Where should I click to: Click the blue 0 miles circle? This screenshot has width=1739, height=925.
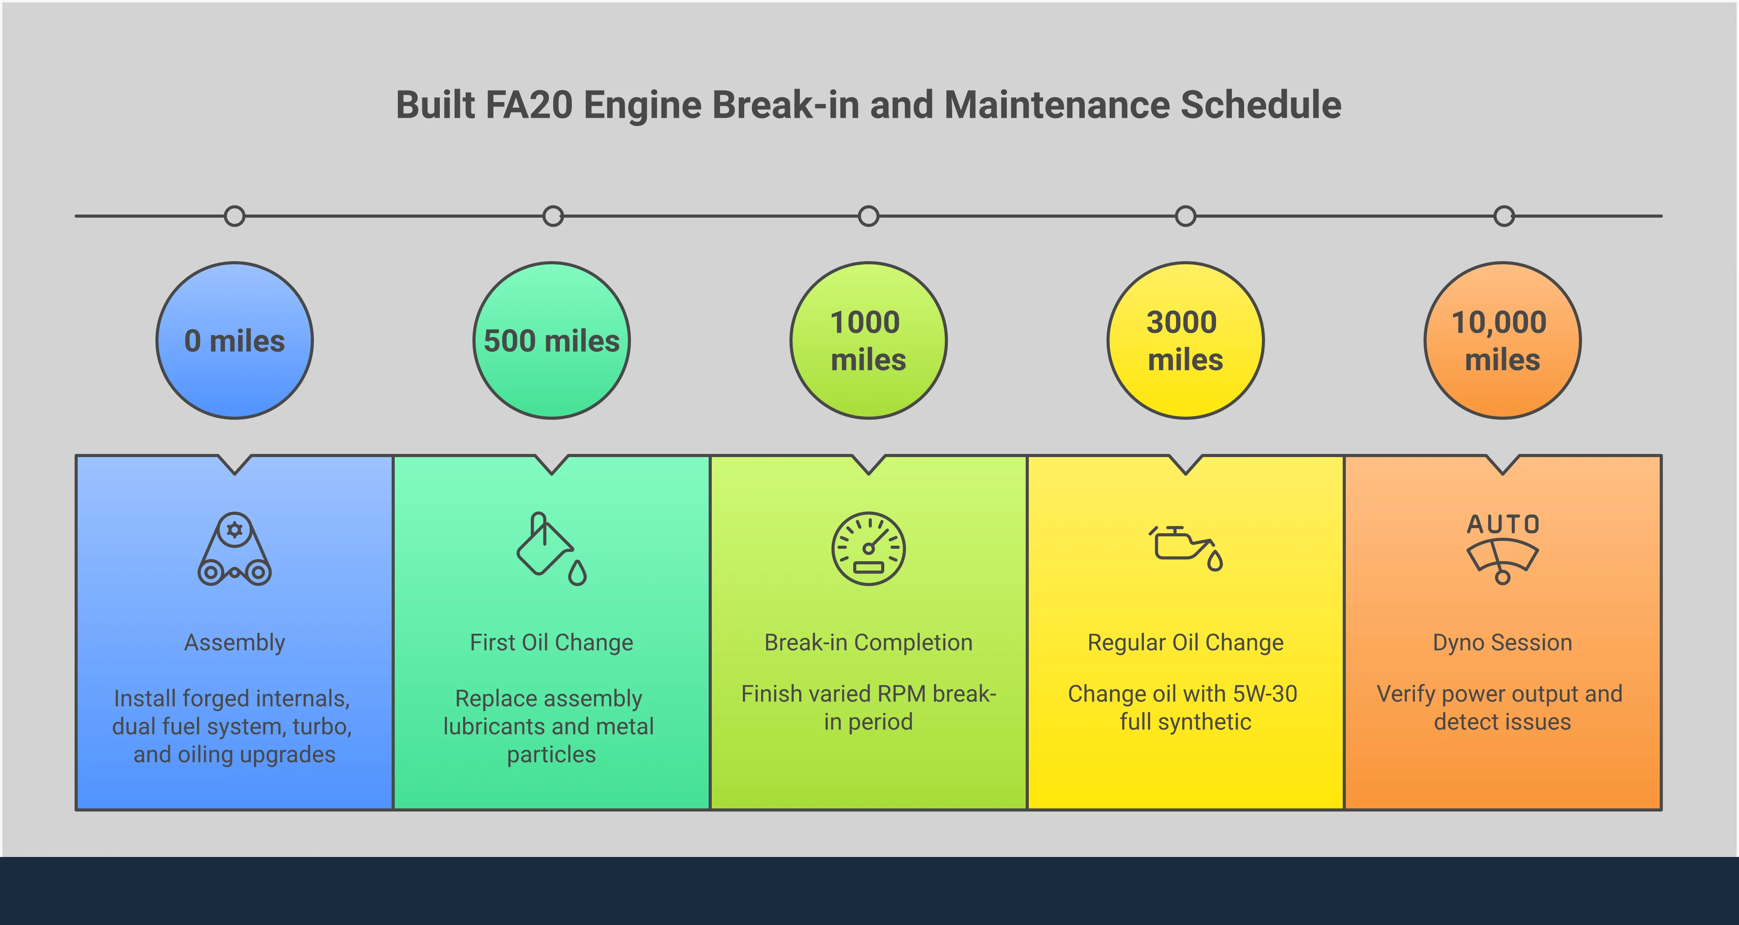(234, 340)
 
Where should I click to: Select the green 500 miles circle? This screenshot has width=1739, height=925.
(552, 340)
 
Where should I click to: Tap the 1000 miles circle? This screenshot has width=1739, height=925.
(868, 340)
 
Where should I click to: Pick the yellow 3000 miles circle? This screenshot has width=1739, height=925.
(1185, 340)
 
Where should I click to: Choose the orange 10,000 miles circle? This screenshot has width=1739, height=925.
(1503, 340)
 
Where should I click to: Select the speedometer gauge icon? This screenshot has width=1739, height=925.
(868, 548)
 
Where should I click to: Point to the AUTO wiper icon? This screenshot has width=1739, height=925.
(1503, 548)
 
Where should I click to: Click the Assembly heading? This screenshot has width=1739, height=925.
(234, 642)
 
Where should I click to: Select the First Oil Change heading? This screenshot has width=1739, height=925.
(552, 642)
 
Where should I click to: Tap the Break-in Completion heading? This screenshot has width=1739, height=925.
(868, 642)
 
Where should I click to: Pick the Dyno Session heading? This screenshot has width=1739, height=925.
(1503, 642)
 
